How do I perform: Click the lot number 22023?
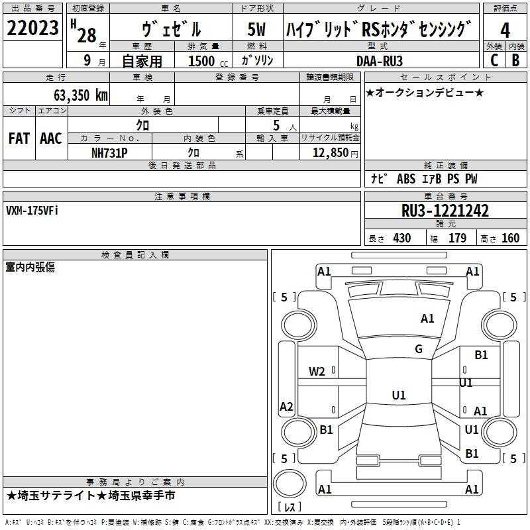tap(32, 28)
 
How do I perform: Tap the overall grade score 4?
tap(505, 30)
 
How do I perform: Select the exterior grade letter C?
tap(494, 60)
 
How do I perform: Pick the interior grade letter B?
tap(515, 60)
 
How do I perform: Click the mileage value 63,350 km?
tap(81, 95)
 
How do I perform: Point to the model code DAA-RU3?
tap(380, 61)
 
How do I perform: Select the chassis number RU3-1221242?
tap(445, 211)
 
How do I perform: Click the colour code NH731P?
tap(109, 153)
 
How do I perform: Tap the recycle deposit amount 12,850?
tap(330, 153)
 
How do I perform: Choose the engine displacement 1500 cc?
tap(208, 61)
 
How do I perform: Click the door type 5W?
tap(256, 29)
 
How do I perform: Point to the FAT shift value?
tap(19, 138)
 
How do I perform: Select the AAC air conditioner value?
tap(51, 138)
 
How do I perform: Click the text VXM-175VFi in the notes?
tap(32, 211)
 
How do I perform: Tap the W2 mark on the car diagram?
tap(317, 372)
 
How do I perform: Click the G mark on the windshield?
tap(419, 349)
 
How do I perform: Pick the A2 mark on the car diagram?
tap(286, 406)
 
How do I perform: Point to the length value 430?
tap(402, 238)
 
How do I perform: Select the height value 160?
tap(510, 238)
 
